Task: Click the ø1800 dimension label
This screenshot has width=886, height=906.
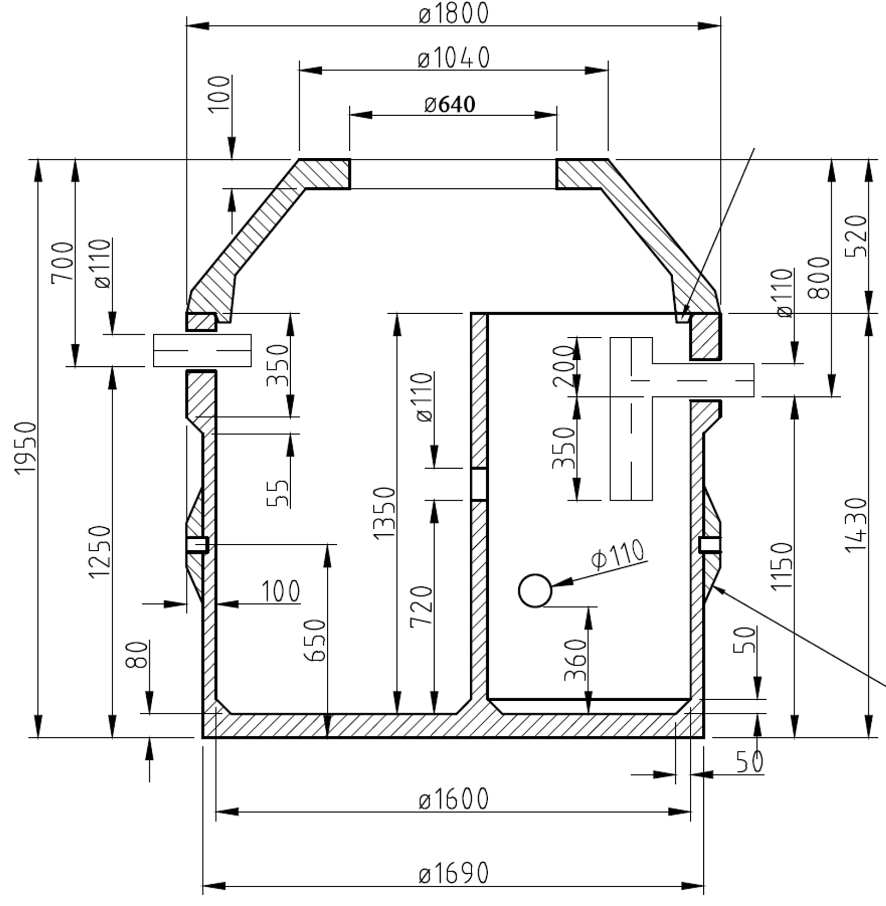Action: point(454,13)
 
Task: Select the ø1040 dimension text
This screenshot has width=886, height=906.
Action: point(454,58)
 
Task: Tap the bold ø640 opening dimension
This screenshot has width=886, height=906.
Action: point(450,104)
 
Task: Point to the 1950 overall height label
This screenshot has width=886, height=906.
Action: point(25,448)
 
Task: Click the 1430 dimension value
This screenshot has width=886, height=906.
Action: point(856,525)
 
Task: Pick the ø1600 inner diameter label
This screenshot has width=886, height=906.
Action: point(454,799)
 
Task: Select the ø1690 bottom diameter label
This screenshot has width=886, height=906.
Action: point(454,872)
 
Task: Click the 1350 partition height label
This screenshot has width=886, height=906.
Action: point(384,513)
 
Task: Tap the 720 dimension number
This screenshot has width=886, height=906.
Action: point(422,607)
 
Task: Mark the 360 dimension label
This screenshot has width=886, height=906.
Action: point(575,660)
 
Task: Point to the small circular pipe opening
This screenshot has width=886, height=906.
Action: point(535,590)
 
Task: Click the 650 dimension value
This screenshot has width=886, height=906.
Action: point(315,640)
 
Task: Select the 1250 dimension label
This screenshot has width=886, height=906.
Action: point(100,552)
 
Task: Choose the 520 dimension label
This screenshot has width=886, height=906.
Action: point(856,236)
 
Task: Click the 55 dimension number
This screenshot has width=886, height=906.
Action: point(278,493)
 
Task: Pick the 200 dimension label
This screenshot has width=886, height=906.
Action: point(564,366)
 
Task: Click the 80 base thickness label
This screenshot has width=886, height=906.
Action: point(137,655)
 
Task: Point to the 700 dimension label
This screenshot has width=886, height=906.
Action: point(63,262)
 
